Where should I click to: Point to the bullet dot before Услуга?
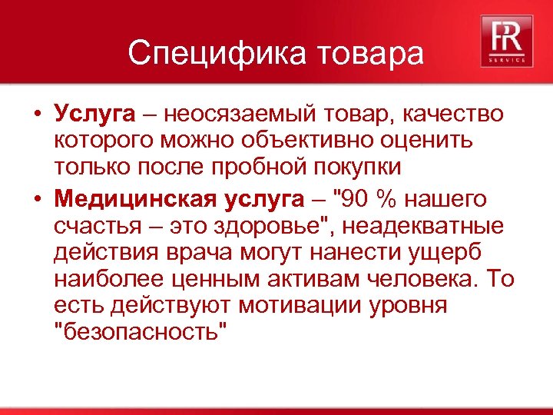[x=36, y=115]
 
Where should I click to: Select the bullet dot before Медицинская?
[x=36, y=200]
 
